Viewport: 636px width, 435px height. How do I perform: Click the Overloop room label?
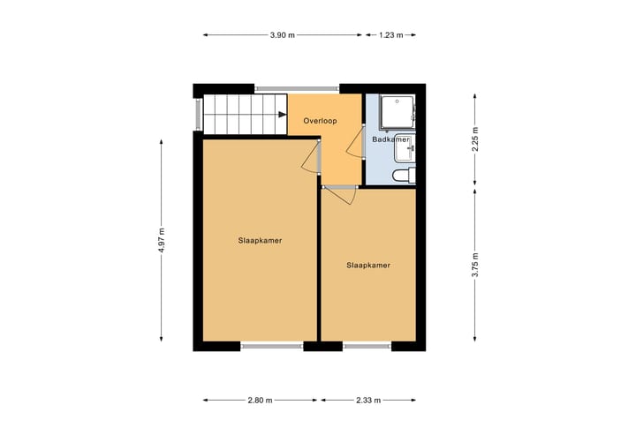319,120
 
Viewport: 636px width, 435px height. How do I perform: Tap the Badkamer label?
390,139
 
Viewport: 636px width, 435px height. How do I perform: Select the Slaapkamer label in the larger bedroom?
260,240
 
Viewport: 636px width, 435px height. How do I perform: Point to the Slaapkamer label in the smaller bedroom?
368,265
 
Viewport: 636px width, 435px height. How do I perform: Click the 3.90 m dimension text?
283,35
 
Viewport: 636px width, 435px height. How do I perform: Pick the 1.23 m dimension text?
390,35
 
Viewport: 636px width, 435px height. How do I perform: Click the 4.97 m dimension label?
162,240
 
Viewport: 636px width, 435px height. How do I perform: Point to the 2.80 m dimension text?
260,401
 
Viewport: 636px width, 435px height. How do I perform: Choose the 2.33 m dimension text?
368,401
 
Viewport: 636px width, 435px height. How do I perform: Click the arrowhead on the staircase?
281,114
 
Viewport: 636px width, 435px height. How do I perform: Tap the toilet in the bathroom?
404,177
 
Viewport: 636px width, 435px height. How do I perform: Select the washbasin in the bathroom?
406,149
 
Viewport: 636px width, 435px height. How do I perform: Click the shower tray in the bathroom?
396,112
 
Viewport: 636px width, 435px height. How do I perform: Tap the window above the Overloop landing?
297,88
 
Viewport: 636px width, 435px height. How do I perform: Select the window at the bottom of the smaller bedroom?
367,346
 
